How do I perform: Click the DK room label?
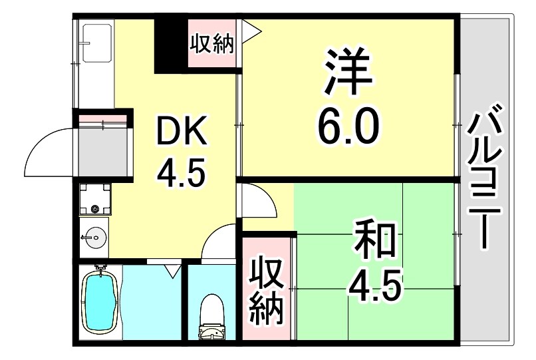182,132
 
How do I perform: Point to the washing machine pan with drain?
94,199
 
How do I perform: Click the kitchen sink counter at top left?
95,60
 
